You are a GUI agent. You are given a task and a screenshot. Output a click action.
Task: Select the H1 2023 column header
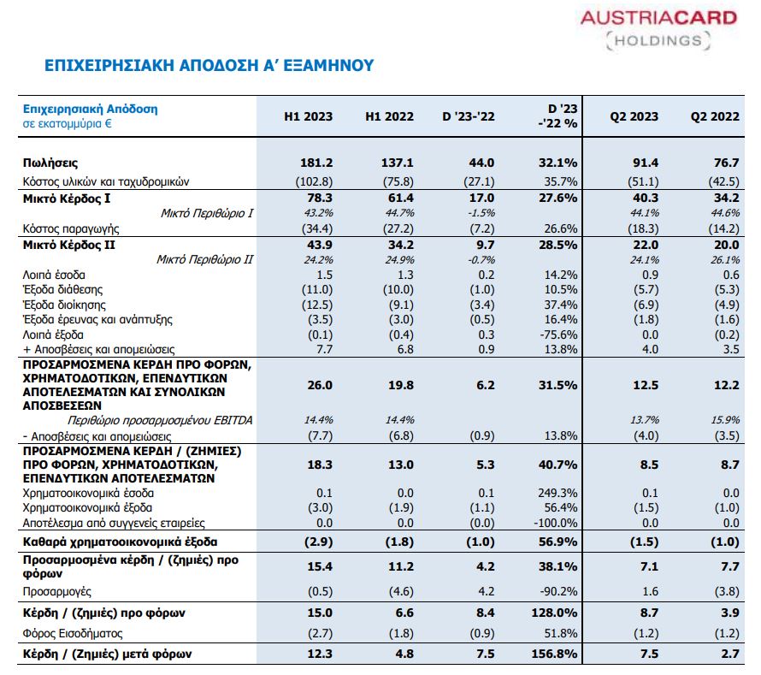(308, 116)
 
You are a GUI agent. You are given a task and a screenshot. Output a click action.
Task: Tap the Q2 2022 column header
(715, 116)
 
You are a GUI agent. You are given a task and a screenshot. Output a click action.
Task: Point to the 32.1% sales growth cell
(557, 163)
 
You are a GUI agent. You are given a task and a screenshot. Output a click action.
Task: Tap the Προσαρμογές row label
(56, 590)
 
